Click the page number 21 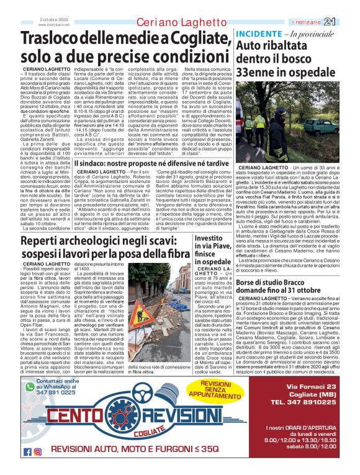(347, 22)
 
